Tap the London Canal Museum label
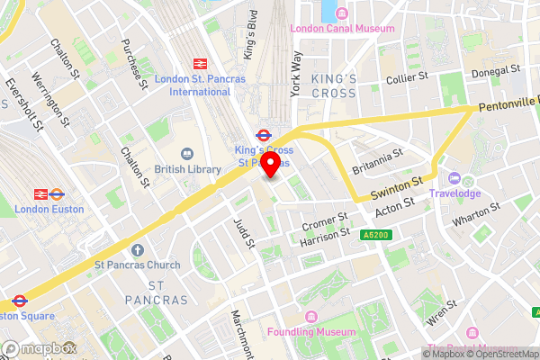[x=341, y=29]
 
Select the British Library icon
[x=187, y=155]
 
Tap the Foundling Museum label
[x=337, y=331]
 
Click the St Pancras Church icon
[x=137, y=249]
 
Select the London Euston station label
[x=49, y=209]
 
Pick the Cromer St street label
[x=326, y=218]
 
